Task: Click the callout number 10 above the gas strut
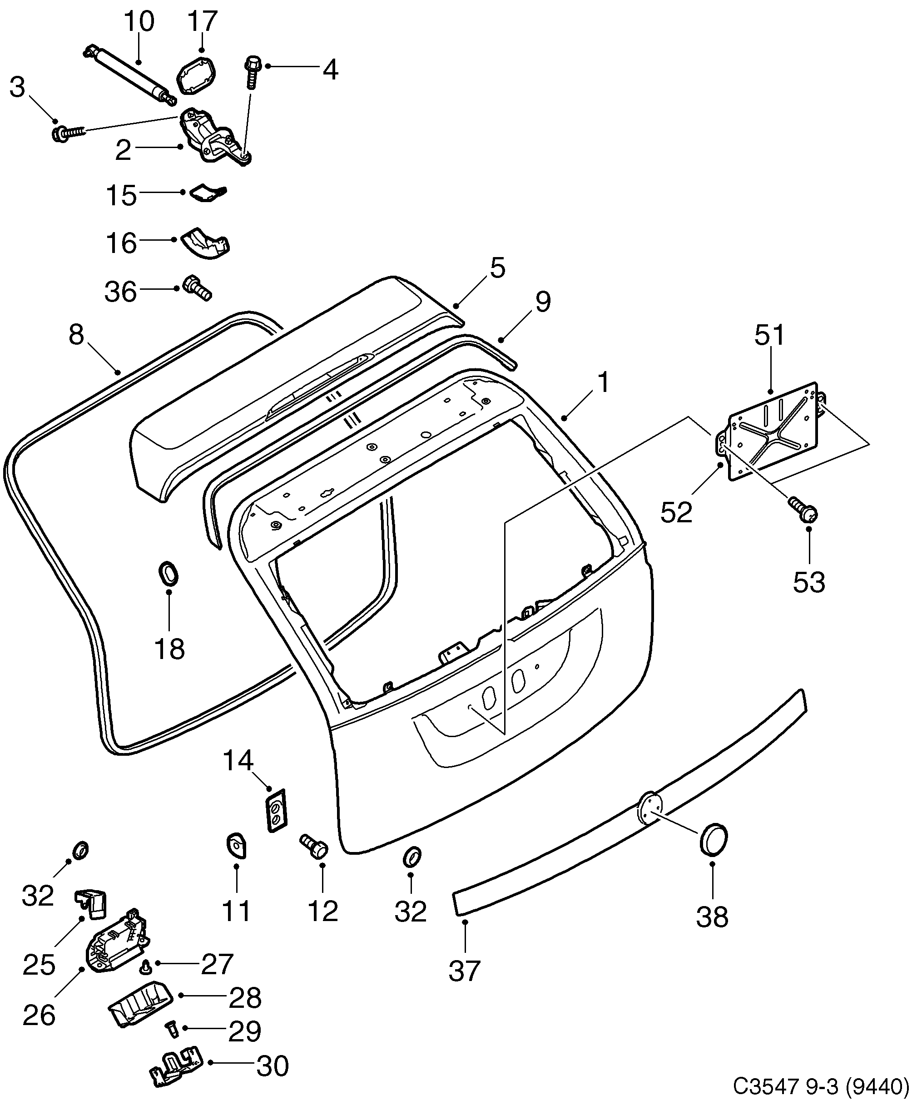click(x=139, y=22)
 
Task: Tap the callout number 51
click(x=769, y=335)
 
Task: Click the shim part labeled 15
click(x=207, y=193)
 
